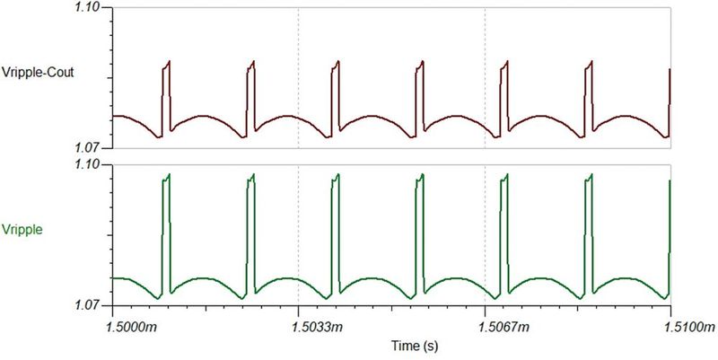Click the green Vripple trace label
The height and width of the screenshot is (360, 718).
22,230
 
